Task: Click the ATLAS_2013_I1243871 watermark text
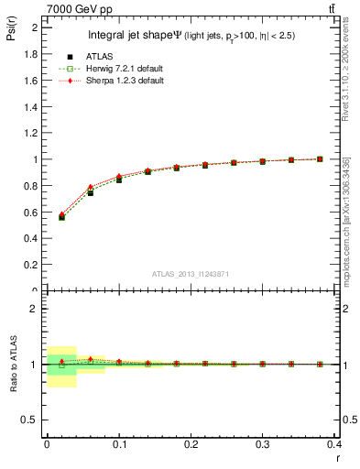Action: (x=191, y=274)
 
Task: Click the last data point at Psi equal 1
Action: (x=320, y=158)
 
